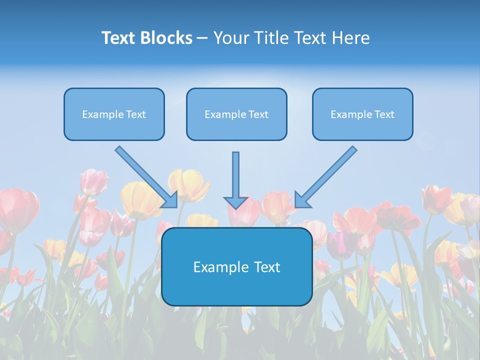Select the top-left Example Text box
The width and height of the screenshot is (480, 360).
(x=114, y=114)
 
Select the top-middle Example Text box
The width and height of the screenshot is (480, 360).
(x=236, y=114)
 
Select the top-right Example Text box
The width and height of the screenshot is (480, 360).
(x=362, y=114)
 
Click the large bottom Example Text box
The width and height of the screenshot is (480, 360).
(x=236, y=266)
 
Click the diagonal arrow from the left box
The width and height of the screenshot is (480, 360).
(x=145, y=175)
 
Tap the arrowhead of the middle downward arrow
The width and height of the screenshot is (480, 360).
(x=235, y=202)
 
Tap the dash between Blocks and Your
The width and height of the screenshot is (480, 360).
(x=202, y=38)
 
